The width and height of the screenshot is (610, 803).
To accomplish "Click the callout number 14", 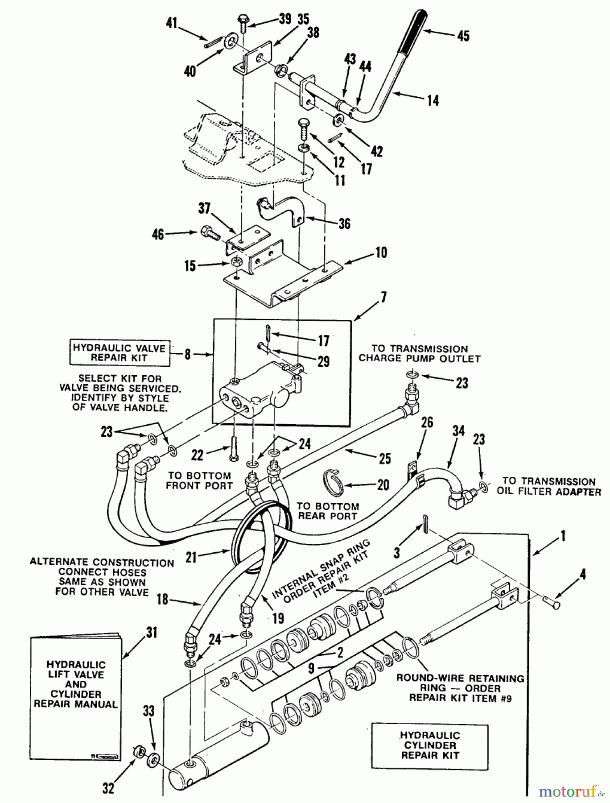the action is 433,100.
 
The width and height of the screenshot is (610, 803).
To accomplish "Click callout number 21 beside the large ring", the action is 192,557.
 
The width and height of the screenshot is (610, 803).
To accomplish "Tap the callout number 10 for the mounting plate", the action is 381,252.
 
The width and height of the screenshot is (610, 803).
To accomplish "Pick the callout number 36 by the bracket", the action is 344,224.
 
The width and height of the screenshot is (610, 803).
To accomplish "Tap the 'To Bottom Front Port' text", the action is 199,480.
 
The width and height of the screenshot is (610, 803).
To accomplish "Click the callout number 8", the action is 188,355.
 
